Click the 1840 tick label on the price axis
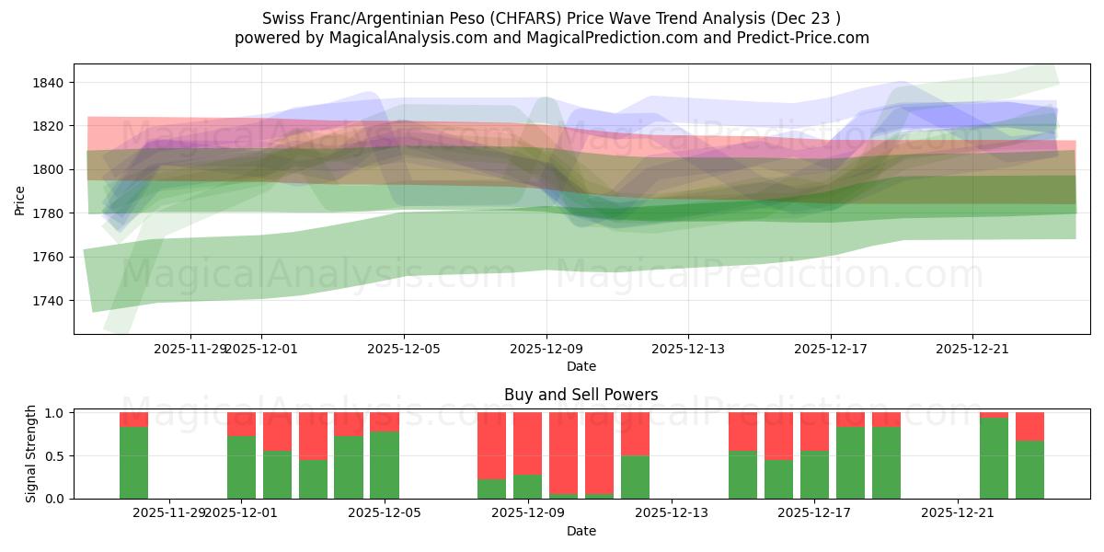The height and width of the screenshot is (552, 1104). click(x=47, y=83)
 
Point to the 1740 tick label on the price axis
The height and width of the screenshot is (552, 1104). click(x=47, y=301)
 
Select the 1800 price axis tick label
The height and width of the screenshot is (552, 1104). click(x=47, y=169)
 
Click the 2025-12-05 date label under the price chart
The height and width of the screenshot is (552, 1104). click(x=403, y=349)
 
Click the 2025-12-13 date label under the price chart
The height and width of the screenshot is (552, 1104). click(x=688, y=349)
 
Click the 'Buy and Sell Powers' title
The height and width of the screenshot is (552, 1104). click(x=581, y=395)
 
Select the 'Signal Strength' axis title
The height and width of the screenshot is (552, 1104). click(x=30, y=454)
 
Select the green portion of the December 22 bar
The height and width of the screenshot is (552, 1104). click(x=994, y=458)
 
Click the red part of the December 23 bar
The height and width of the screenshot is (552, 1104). click(x=1029, y=426)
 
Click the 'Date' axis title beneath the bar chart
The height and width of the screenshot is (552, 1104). click(x=581, y=531)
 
